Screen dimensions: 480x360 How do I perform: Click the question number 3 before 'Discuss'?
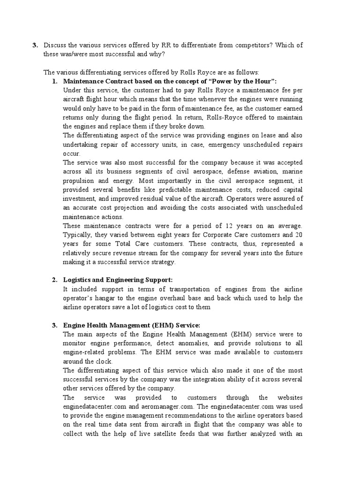point(34,45)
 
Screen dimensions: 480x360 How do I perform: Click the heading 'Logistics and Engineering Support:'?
point(118,280)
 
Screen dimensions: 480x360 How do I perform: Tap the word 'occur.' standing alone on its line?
point(72,153)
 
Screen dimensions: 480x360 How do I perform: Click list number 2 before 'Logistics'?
point(54,280)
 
